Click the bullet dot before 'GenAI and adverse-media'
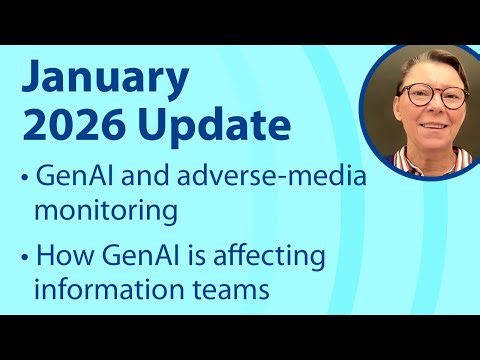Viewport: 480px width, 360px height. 24,181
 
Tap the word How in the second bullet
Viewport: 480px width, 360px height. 63,257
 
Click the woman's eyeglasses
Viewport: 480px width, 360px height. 434,97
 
